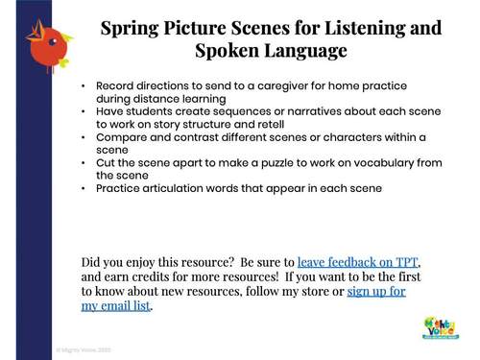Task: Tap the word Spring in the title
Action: [132, 28]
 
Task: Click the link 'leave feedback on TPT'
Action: [359, 261]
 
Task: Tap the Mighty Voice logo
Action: [441, 327]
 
